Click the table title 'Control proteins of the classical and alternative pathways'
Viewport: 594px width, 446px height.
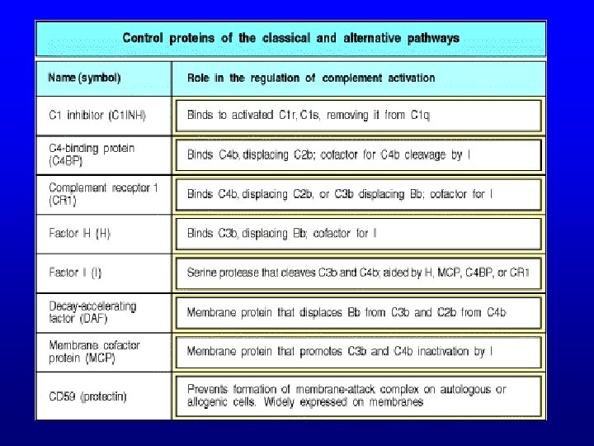[x=291, y=38]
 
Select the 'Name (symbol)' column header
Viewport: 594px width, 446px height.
[x=85, y=78]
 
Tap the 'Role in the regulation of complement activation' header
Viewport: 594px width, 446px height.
[x=311, y=78]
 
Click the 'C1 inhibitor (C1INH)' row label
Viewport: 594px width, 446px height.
[x=97, y=115]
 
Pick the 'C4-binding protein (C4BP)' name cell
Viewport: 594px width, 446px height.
[x=92, y=154]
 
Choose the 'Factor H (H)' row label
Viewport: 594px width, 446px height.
[x=80, y=233]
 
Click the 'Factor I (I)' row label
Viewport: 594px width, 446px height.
[x=76, y=272]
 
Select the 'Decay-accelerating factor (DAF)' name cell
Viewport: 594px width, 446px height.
[x=92, y=311]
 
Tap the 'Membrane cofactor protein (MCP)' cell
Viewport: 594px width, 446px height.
[x=94, y=351]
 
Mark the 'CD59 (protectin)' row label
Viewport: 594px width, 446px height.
[x=87, y=396]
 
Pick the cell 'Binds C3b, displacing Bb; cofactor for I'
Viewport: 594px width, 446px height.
[x=282, y=234]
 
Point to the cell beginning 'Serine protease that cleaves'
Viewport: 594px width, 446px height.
[x=358, y=273]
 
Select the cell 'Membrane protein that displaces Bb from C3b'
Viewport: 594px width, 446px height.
[x=346, y=312]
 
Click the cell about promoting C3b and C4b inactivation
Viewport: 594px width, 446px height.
[x=340, y=352]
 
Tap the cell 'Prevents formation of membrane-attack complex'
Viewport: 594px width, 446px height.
[x=346, y=396]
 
